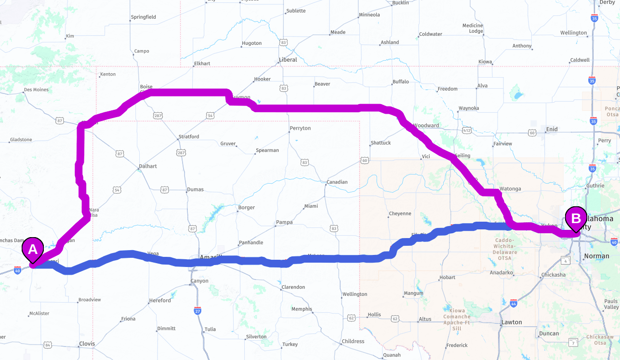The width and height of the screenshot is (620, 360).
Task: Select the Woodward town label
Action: point(426,126)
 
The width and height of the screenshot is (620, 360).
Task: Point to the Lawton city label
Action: point(511,322)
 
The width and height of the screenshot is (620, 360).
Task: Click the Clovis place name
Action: point(87,344)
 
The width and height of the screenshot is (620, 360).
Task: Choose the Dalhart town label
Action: point(147,166)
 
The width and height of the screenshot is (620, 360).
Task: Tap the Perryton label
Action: point(300,129)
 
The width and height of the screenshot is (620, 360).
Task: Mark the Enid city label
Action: point(551,130)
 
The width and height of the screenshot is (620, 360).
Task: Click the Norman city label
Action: point(596,256)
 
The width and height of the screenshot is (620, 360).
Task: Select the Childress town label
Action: point(353,341)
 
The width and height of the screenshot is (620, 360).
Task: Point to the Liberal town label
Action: point(288,60)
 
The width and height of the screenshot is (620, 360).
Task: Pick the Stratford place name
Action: point(188,137)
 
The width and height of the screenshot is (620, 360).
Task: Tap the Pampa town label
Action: point(284,223)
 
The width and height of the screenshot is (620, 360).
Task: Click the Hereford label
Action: point(159,301)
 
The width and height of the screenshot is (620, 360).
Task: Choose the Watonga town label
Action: point(510,189)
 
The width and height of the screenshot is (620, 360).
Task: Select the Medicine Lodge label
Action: point(473,28)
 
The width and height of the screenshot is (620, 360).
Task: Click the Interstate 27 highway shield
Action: point(198,311)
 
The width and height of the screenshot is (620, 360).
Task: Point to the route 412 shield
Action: point(466,131)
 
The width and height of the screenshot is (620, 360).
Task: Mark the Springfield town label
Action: point(143,17)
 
